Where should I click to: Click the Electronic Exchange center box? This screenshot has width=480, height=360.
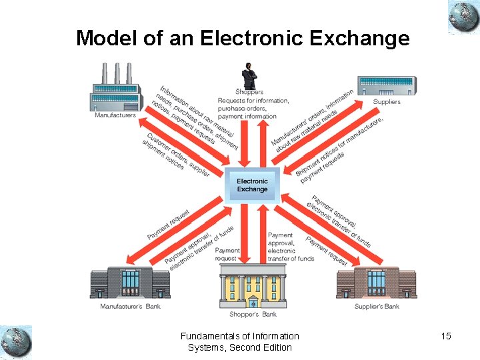252,185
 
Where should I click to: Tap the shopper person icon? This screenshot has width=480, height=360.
249,75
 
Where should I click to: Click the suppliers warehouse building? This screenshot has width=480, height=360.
387,86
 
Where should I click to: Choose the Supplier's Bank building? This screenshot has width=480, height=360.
377,281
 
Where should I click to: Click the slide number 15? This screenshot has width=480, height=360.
446,336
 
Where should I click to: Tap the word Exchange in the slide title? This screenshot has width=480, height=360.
361,38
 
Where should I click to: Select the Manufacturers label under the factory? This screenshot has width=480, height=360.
115,115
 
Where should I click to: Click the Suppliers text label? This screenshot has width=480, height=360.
387,102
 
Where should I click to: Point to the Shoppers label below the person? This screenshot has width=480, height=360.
249,92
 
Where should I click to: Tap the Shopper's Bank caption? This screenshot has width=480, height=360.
253,314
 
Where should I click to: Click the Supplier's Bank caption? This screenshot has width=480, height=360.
377,307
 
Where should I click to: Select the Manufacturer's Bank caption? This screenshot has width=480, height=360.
130,307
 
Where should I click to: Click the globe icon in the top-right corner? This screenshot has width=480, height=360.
463,17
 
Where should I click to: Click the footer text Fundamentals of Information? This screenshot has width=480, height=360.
240,336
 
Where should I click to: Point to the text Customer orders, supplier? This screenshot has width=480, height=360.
176,154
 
